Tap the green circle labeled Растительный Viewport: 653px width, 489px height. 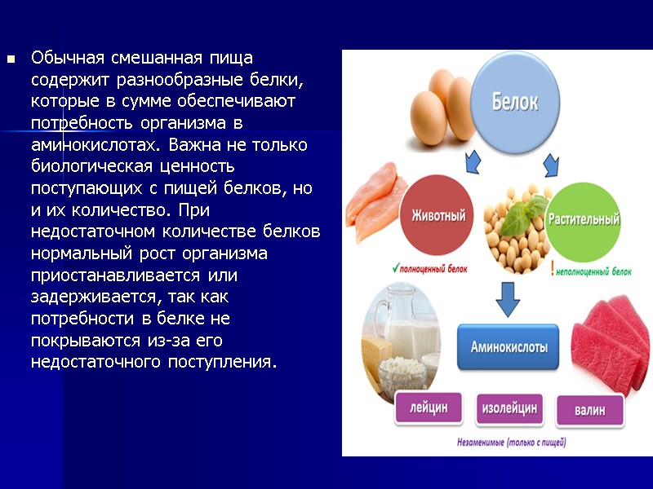click(x=583, y=218)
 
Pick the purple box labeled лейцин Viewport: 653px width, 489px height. click(x=429, y=407)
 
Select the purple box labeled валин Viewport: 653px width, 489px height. click(x=589, y=409)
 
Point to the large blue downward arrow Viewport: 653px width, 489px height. click(x=508, y=300)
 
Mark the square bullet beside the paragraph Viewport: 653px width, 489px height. click(x=11, y=59)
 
